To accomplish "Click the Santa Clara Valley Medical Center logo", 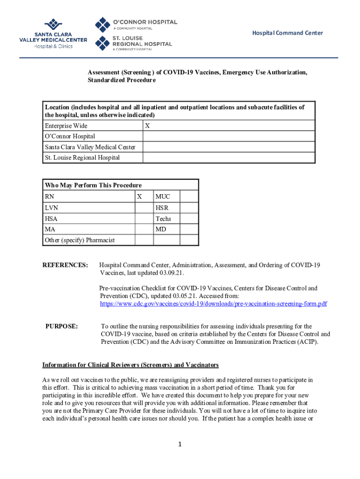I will click(x=53, y=34).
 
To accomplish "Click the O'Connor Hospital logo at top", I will click(x=136, y=24).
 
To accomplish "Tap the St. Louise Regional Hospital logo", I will click(x=134, y=43).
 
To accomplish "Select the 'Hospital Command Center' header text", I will click(x=288, y=33).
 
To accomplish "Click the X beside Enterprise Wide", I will click(x=147, y=126).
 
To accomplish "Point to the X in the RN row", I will click(x=139, y=197).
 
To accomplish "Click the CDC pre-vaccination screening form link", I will click(x=213, y=304).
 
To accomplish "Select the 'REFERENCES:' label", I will click(x=65, y=265).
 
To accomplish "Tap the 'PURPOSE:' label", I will click(x=61, y=326).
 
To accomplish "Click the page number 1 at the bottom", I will click(x=179, y=444).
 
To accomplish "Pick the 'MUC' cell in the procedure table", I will click(x=163, y=197).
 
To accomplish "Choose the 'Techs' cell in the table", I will click(x=163, y=219).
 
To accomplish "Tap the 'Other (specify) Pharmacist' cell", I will click(x=79, y=240).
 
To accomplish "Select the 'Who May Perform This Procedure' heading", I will click(x=93, y=185).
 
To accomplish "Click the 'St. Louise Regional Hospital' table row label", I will click(x=82, y=158).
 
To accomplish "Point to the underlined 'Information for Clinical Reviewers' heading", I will click(x=130, y=365).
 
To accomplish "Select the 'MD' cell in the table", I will click(x=161, y=230).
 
